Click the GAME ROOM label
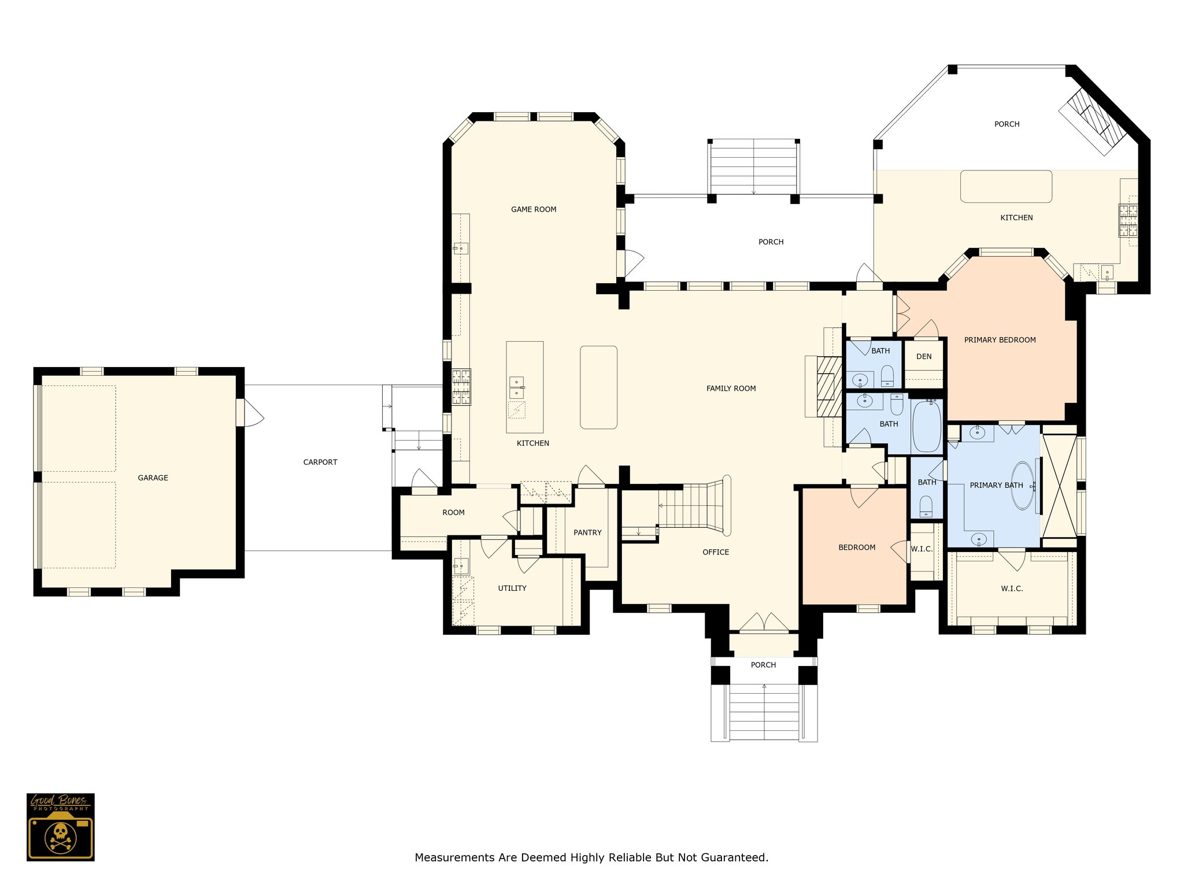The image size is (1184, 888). pyautogui.click(x=534, y=209)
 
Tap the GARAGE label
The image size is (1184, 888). pyautogui.click(x=153, y=478)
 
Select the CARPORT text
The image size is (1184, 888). pyautogui.click(x=320, y=462)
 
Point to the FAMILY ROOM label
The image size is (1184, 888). pyautogui.click(x=731, y=388)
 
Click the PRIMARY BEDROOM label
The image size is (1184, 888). pyautogui.click(x=1000, y=340)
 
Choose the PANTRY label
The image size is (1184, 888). pyautogui.click(x=587, y=532)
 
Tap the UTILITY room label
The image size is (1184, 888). pyautogui.click(x=512, y=588)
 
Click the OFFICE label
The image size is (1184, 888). pyautogui.click(x=716, y=552)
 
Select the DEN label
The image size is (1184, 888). pyautogui.click(x=924, y=356)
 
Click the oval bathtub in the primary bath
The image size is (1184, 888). pyautogui.click(x=1022, y=485)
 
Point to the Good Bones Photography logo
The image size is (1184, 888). pyautogui.click(x=61, y=827)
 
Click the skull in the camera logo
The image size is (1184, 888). pyautogui.click(x=60, y=833)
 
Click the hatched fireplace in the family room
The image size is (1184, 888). pyautogui.click(x=829, y=387)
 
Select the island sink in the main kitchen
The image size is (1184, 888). pyautogui.click(x=517, y=388)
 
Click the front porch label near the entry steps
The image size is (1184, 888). pyautogui.click(x=763, y=665)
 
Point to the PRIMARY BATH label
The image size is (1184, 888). pyautogui.click(x=996, y=485)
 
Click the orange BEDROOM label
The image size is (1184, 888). pyautogui.click(x=857, y=547)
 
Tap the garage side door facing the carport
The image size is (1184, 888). pyautogui.click(x=250, y=413)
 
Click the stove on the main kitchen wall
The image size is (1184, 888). pyautogui.click(x=461, y=387)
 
